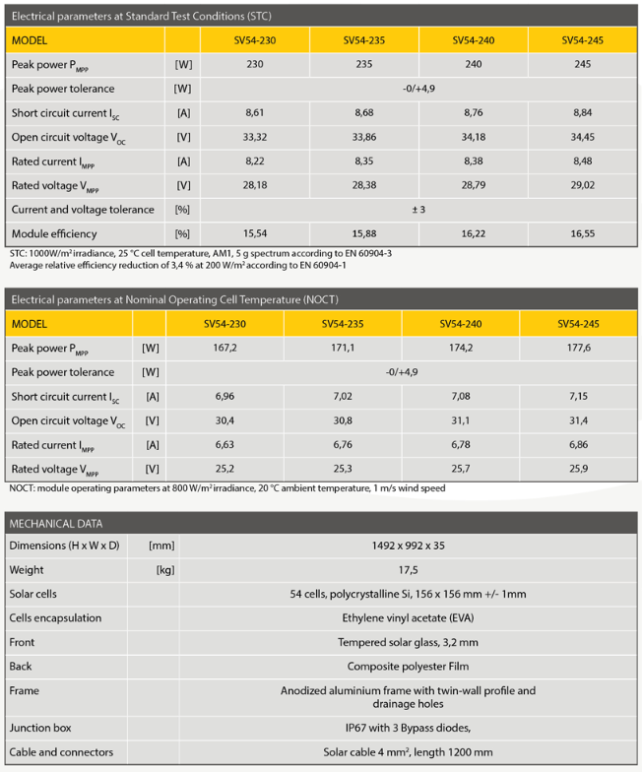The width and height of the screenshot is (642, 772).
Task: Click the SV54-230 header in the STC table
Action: [255, 40]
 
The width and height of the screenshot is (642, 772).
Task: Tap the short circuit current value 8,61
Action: [255, 113]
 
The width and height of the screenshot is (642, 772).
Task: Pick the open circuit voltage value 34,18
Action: [474, 137]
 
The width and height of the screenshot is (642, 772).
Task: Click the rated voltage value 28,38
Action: [364, 185]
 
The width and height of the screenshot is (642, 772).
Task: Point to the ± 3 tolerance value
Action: [419, 210]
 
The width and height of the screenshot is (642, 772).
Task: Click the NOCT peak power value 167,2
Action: [225, 349]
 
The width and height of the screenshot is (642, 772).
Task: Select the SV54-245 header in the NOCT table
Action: [579, 324]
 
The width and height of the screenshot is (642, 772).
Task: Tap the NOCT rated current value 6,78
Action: [461, 444]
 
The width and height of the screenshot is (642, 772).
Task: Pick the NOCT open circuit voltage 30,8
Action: [343, 420]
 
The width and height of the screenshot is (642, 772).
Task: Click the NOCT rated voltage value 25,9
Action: [579, 469]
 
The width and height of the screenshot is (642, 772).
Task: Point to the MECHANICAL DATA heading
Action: [56, 523]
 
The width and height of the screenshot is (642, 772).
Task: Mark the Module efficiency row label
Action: [54, 234]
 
